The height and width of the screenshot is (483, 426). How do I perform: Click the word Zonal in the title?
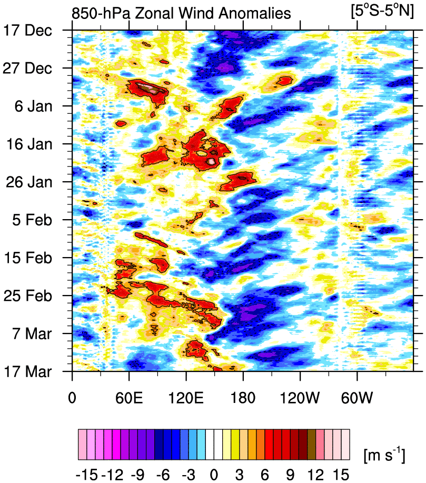tap(154, 13)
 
